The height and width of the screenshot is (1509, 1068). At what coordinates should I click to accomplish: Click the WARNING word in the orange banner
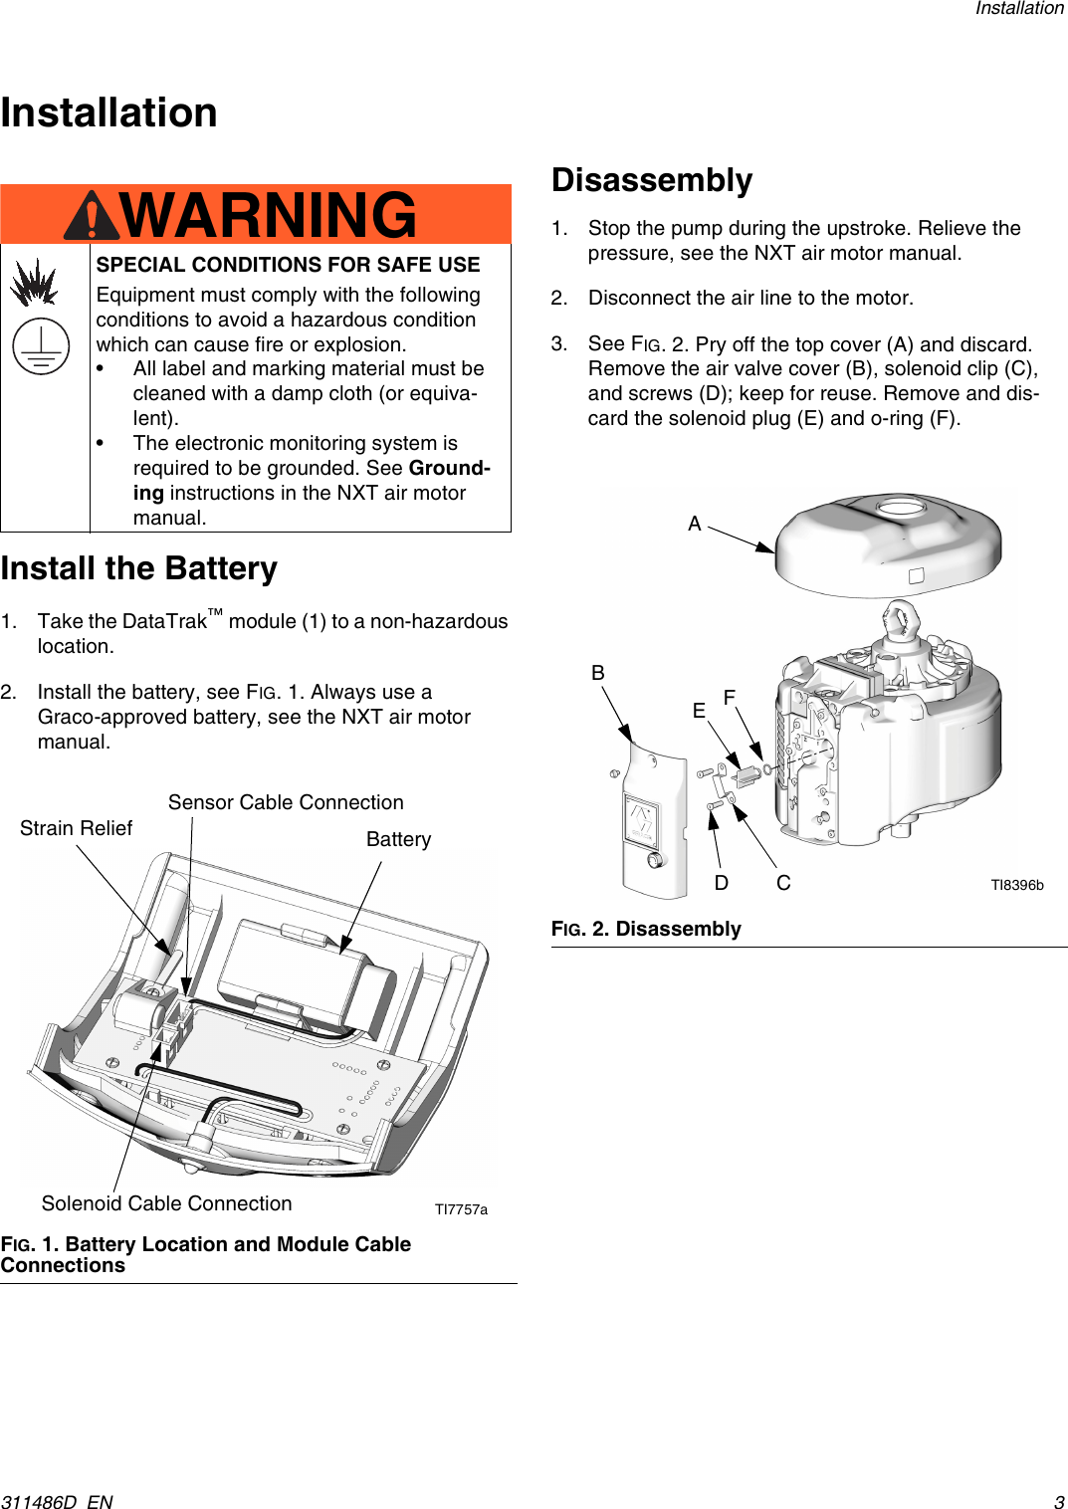coord(268,215)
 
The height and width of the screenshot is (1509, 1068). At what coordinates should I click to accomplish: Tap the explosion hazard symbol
coord(34,283)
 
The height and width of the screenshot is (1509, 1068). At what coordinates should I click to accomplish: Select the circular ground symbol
coord(41,347)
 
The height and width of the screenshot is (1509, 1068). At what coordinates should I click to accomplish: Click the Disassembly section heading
coord(652,180)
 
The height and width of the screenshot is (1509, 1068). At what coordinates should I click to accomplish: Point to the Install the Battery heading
coord(139,568)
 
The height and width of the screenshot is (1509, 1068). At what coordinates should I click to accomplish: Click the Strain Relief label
coord(76,828)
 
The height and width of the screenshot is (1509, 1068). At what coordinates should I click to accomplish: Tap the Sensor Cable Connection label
coord(286,802)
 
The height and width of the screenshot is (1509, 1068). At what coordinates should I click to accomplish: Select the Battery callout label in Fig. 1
coord(398,839)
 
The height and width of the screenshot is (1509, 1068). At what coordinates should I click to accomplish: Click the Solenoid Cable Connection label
coord(166,1203)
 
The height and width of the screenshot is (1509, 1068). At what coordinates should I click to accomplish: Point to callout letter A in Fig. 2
coord(695,524)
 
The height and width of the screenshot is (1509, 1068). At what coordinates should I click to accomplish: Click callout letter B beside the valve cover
coord(598,673)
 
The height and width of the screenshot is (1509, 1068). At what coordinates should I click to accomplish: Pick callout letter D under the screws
coord(722,883)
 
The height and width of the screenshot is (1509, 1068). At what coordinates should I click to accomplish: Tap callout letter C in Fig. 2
coord(783,883)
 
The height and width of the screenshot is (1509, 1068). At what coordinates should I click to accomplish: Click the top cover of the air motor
coord(888,544)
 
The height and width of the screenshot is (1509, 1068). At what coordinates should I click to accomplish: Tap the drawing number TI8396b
coord(1016,885)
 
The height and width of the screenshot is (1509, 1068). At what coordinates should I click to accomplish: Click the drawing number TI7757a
coord(461,1209)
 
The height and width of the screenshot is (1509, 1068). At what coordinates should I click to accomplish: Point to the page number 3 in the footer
coord(1059,1501)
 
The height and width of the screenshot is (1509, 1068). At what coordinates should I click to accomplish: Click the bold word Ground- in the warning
coord(449,468)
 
